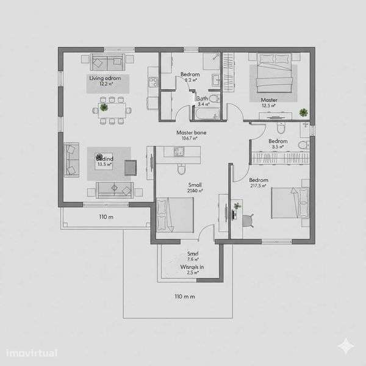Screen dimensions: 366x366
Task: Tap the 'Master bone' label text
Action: point(189,132)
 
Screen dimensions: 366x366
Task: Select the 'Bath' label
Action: point(202,98)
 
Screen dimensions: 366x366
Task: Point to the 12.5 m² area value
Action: point(268,106)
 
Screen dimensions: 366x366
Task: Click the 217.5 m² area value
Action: point(258,186)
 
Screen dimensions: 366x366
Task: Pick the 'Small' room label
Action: point(195,185)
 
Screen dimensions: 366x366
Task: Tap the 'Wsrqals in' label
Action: point(192,267)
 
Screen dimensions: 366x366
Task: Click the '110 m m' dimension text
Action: point(184,296)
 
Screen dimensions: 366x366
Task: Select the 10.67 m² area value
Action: point(189,138)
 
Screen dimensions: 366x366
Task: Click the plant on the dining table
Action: point(104,107)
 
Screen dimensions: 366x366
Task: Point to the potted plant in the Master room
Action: point(303,112)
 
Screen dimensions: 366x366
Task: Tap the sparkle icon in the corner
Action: point(346,346)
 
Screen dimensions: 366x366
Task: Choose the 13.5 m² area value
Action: point(104,163)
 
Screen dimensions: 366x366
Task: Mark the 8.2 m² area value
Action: point(190,80)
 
